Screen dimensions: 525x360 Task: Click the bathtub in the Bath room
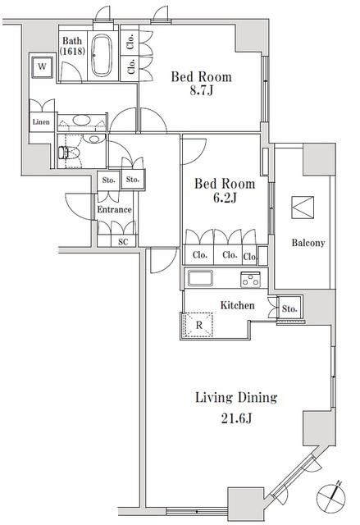click(103, 57)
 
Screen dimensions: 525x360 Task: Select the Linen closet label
click(41, 123)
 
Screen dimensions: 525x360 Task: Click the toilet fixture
click(67, 153)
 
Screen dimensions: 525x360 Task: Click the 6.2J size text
click(224, 199)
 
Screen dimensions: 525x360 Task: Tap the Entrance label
click(114, 210)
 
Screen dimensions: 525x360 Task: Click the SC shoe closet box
click(123, 241)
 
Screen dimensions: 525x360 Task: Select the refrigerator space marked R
click(198, 325)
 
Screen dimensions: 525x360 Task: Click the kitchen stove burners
click(250, 280)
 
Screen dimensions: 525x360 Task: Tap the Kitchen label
click(237, 306)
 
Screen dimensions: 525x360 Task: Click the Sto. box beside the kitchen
click(289, 309)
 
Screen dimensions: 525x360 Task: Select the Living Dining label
click(235, 398)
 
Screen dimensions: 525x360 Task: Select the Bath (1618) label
click(72, 45)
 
